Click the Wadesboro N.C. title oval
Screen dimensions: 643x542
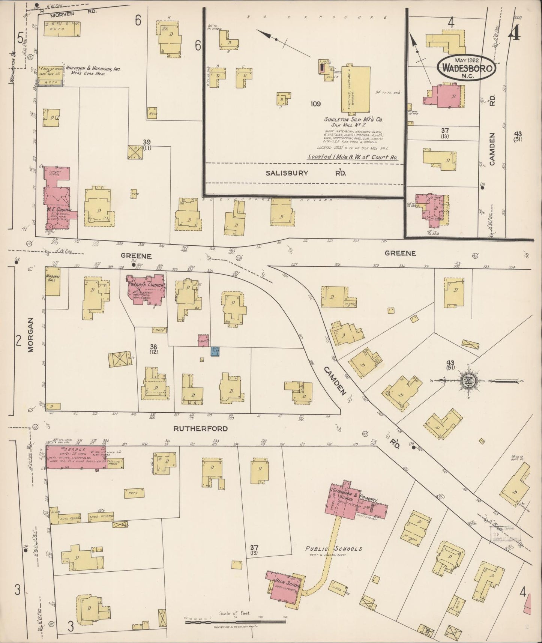click(467, 68)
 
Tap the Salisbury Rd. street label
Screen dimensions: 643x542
click(305, 173)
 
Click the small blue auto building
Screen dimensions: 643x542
click(215, 351)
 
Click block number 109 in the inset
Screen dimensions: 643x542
click(315, 104)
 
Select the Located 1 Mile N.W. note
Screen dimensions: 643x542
click(352, 158)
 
